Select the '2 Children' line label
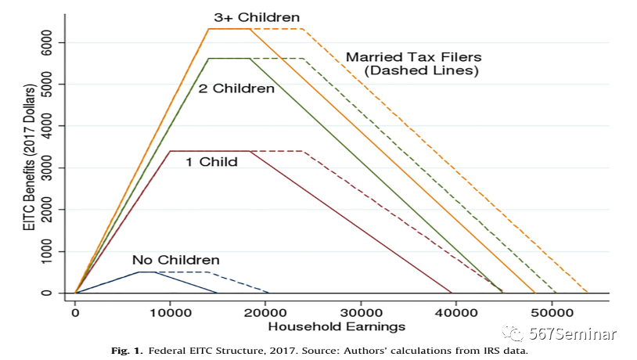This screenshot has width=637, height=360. coord(236,88)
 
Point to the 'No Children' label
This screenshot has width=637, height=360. coord(175,260)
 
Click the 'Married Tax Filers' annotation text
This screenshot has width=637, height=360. coord(413,57)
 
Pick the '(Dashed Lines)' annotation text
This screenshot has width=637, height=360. coord(420,70)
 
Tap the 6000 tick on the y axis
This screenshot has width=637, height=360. coord(49,42)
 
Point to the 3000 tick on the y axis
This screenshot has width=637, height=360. coord(49,167)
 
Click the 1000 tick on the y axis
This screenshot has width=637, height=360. coord(49,251)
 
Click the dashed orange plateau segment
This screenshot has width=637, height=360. coord(276,29)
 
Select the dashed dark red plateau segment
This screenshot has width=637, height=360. coord(276,151)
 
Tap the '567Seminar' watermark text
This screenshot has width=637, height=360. coord(579,334)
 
